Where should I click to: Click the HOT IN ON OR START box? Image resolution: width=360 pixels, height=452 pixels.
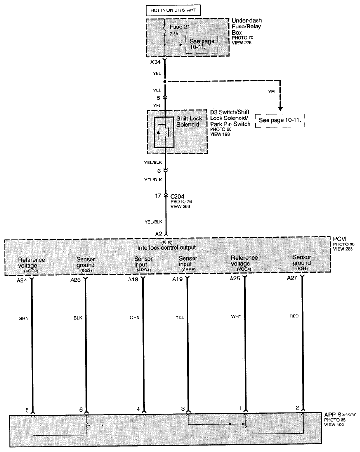173,10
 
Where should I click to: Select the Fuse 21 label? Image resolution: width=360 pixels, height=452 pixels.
180,27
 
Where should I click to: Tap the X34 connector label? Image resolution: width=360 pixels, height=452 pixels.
155,62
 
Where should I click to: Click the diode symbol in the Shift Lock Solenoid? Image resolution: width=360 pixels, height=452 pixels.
158,132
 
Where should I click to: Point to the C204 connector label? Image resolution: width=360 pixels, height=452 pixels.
177,196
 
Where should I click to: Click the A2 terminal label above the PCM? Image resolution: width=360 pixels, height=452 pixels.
158,234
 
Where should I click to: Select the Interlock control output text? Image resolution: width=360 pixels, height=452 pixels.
166,248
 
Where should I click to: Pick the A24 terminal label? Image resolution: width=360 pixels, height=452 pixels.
22,280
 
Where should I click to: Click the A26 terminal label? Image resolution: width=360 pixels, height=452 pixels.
75,280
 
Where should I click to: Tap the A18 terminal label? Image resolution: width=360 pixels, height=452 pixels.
133,280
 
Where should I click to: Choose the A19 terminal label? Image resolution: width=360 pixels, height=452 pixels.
177,279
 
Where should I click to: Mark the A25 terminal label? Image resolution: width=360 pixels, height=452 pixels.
235,279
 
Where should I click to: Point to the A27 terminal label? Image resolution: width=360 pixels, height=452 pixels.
292,278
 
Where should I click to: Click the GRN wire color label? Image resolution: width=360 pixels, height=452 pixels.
23,318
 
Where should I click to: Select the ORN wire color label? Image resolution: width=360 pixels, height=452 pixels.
135,317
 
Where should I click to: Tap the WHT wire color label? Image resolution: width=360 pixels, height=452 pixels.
236,316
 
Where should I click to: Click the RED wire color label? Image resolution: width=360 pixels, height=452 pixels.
294,316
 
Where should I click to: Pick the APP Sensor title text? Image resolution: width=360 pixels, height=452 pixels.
340,415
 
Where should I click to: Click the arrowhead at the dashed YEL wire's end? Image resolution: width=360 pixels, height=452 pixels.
280,108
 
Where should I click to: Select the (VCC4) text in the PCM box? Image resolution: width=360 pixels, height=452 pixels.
244,269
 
